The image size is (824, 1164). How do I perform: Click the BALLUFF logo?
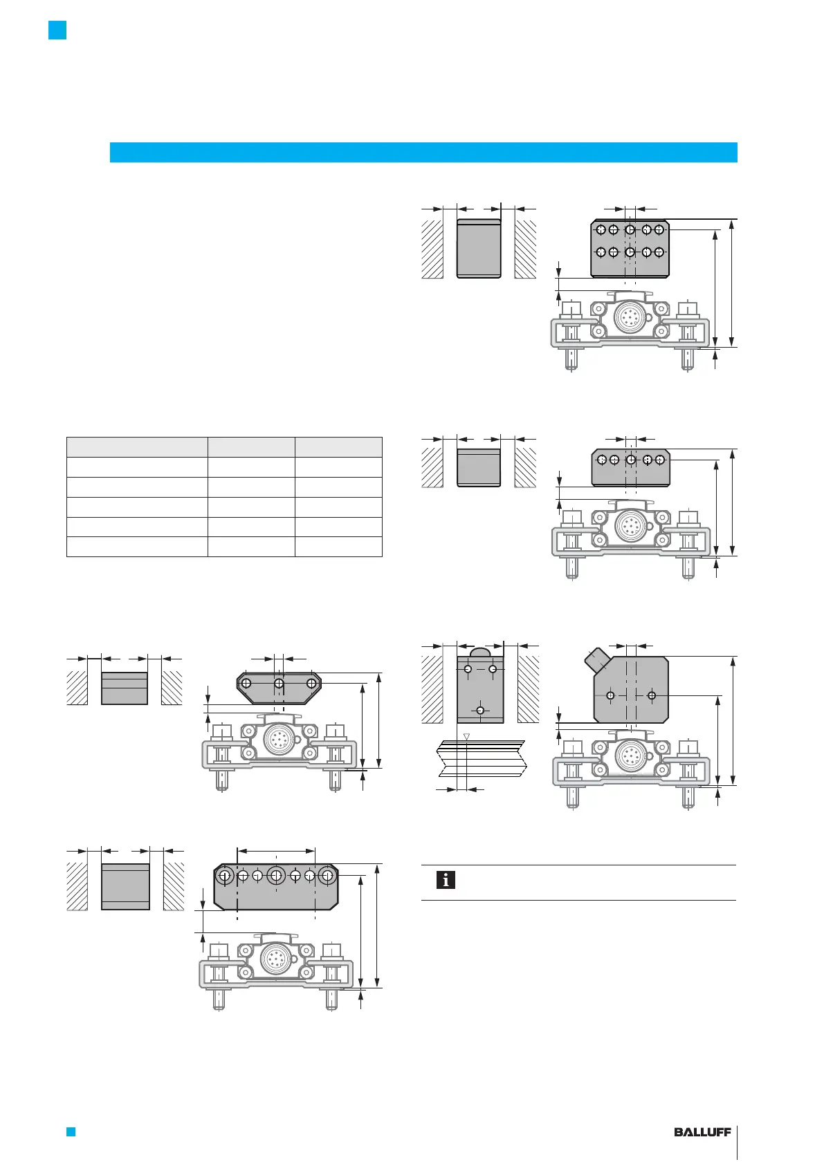coord(702,1132)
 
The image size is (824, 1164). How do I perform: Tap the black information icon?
coord(446,880)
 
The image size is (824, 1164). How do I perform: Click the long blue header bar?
coord(423,152)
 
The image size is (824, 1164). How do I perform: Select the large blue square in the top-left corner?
coord(57,30)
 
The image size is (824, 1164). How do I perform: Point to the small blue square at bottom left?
coord(70,1132)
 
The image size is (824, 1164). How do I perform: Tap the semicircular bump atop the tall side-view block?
coord(480,652)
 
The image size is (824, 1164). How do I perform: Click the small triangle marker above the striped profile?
coord(467,736)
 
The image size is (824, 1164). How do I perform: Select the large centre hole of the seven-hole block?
coord(276,876)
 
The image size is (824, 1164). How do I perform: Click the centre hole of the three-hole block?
coord(279,684)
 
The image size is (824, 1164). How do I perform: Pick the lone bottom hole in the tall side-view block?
coord(480,711)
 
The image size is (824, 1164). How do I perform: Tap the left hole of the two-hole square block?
coord(610,695)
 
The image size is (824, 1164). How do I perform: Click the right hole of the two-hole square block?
coord(652,695)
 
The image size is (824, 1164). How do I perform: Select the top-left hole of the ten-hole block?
coord(601,229)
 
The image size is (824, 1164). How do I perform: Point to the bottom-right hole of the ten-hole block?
coord(659,252)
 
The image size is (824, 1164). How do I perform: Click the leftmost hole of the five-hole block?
coord(602,459)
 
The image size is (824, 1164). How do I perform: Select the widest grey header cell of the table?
coord(137,447)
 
